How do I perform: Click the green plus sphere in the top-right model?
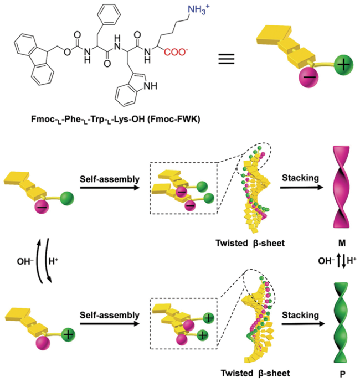(339, 65)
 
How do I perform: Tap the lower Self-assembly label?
(108, 315)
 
